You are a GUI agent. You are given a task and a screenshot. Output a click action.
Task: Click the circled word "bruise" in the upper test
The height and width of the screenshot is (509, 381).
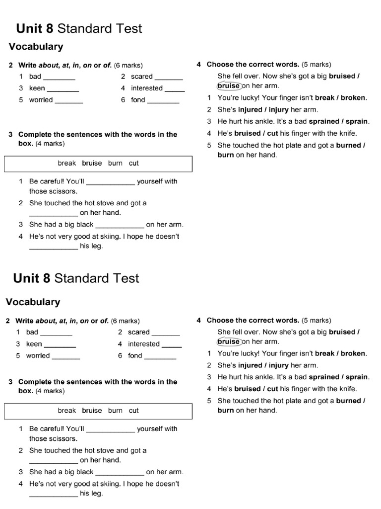click(x=229, y=86)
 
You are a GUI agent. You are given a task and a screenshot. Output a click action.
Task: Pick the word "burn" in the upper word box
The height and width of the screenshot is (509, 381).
click(x=115, y=163)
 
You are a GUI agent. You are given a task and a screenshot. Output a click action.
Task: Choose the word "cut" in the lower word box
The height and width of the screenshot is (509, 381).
click(x=134, y=411)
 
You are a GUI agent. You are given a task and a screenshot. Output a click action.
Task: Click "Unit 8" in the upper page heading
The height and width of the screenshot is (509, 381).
click(x=35, y=28)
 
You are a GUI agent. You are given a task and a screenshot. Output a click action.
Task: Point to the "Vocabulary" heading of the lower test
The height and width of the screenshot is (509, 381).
click(x=33, y=302)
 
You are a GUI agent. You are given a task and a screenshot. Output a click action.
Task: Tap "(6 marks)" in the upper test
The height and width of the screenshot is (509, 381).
click(x=128, y=65)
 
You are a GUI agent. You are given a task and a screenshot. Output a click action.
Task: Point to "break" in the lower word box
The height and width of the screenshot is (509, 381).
click(x=67, y=411)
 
